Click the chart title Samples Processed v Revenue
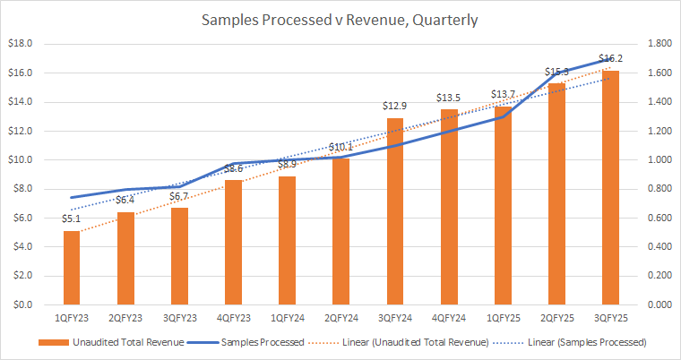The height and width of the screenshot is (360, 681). click(x=340, y=19)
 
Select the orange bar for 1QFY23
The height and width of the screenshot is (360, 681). click(x=72, y=269)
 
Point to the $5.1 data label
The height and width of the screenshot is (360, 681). click(x=72, y=219)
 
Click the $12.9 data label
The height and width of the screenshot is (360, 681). click(x=394, y=107)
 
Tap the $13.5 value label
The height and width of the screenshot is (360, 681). click(x=448, y=99)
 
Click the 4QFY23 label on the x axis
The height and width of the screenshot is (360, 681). click(x=233, y=317)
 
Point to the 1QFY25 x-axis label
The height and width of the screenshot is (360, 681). click(x=502, y=317)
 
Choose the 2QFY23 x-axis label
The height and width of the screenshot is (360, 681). click(x=125, y=317)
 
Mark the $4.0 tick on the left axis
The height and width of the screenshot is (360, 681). click(x=22, y=246)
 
